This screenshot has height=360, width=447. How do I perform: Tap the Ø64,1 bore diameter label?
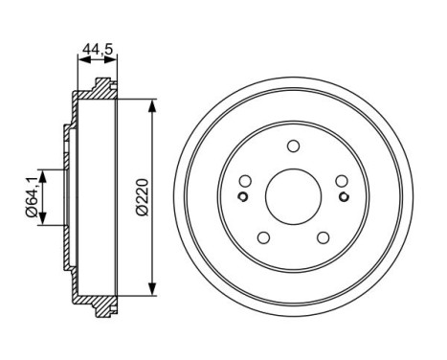coord(31,196)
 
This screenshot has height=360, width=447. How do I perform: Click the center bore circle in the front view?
coord(291,194)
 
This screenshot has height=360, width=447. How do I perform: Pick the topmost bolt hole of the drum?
coord(293,146)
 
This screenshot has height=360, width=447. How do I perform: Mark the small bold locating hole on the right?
coord(345,198)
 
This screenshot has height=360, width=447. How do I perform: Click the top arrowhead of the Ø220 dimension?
coord(153,100)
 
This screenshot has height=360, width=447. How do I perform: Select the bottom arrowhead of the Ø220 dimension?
coord(153,291)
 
